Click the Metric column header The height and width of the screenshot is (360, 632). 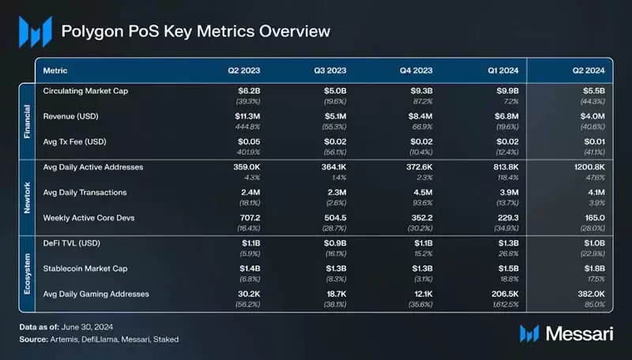[x=55, y=69]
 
